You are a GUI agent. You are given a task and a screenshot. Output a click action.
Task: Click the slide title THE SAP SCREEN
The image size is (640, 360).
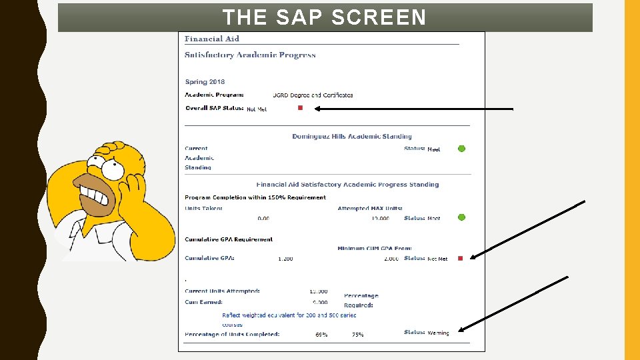(324, 17)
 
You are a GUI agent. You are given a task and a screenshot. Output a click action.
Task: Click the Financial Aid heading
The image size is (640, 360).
(211, 39)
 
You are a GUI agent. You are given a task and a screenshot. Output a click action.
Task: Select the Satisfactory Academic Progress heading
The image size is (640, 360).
(250, 55)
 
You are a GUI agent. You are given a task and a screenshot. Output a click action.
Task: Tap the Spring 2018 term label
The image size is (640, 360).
(205, 82)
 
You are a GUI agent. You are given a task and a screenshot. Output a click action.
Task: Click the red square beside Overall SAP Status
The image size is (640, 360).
(300, 108)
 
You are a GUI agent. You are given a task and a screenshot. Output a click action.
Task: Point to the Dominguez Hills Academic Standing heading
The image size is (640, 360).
(351, 137)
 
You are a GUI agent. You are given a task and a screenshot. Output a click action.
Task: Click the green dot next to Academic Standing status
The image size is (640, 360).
(461, 149)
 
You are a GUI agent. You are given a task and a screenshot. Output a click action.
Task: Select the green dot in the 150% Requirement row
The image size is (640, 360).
(461, 217)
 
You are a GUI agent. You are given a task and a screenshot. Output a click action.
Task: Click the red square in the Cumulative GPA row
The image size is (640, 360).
(460, 259)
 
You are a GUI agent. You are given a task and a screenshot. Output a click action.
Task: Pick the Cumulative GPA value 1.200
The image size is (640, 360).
(285, 259)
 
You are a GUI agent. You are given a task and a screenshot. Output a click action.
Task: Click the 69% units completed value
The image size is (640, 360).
(321, 335)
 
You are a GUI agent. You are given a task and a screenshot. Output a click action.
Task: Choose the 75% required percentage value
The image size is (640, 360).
(358, 335)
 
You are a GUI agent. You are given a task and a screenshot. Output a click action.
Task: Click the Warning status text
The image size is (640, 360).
(438, 333)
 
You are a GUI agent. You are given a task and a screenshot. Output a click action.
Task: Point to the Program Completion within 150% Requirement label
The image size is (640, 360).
(255, 197)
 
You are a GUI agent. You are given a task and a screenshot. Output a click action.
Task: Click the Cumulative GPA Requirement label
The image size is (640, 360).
(229, 239)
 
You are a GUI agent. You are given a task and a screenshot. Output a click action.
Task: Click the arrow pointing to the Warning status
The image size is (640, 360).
(513, 303)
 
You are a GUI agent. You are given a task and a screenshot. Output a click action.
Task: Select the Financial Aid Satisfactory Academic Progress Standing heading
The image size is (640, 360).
(347, 185)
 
